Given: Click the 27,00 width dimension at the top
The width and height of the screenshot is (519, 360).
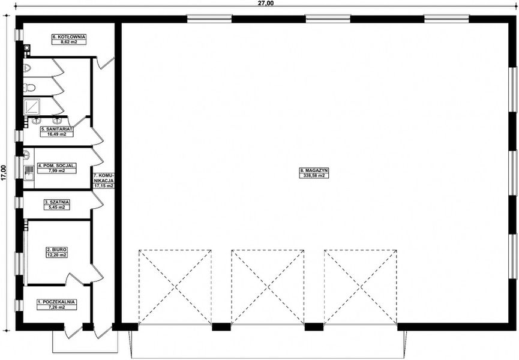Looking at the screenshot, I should pyautogui.click(x=265, y=4).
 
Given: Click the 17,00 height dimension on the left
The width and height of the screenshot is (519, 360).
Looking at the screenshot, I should pyautogui.click(x=4, y=172).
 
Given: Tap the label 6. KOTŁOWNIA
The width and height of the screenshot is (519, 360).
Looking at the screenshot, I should pyautogui.click(x=69, y=37).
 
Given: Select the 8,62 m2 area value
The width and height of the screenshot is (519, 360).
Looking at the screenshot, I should pyautogui.click(x=69, y=43).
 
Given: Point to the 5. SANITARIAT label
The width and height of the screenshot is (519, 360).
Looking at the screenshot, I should pyautogui.click(x=57, y=129).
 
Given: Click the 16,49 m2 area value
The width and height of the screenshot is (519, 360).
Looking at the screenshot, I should pyautogui.click(x=57, y=134).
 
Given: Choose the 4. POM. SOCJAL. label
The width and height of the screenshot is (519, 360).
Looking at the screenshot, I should pyautogui.click(x=57, y=165).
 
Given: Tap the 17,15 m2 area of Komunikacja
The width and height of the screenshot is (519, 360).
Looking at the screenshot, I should pyautogui.click(x=103, y=186).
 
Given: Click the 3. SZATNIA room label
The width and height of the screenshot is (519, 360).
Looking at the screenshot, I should pyautogui.click(x=57, y=202).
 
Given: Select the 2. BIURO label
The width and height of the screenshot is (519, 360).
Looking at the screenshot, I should pyautogui.click(x=57, y=249).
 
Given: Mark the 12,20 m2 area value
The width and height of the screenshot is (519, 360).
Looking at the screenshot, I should pyautogui.click(x=57, y=255).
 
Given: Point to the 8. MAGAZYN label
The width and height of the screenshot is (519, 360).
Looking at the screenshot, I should pyautogui.click(x=314, y=170).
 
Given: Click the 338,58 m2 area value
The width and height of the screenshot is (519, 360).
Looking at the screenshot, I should pyautogui.click(x=314, y=176).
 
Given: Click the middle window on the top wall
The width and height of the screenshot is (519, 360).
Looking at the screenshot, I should pyautogui.click(x=328, y=19).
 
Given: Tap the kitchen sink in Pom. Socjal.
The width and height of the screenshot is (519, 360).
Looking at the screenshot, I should pyautogui.click(x=28, y=174).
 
